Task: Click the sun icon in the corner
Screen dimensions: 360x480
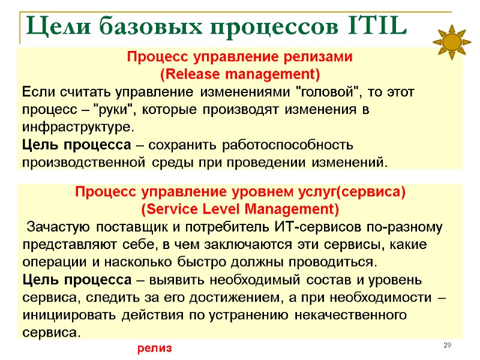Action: point(451,42)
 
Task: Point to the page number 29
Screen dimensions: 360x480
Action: point(446,345)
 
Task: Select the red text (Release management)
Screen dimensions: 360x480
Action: point(239,75)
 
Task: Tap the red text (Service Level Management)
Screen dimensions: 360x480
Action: point(239,210)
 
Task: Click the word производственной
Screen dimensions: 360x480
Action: point(83,163)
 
